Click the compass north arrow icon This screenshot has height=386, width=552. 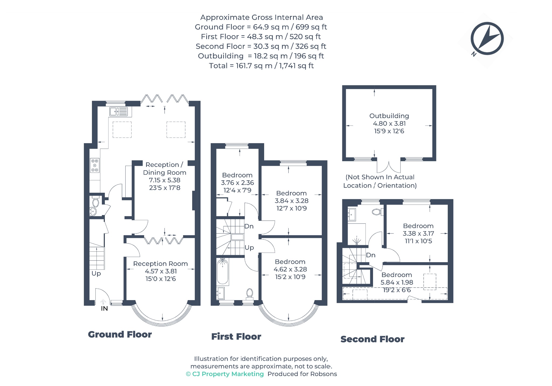(x=487, y=39)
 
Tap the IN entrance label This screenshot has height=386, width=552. (x=104, y=308)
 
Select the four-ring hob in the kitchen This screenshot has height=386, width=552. (x=95, y=165)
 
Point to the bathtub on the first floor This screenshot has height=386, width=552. (x=223, y=271)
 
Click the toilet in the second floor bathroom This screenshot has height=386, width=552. (x=377, y=212)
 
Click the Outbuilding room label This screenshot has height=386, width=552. (x=389, y=116)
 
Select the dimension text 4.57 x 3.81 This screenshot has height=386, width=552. (x=161, y=271)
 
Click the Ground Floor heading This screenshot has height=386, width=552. (x=120, y=335)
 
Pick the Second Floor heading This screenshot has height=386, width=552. (x=372, y=339)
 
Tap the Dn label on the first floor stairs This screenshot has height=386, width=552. (x=249, y=226)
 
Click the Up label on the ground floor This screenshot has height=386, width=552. (x=96, y=274)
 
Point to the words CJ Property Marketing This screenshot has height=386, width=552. (x=228, y=374)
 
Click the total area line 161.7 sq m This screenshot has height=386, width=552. (x=261, y=66)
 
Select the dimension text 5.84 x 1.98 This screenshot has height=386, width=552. (x=397, y=282)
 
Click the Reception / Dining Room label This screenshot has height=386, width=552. (x=164, y=169)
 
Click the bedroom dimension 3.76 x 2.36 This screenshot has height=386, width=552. (x=237, y=183)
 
